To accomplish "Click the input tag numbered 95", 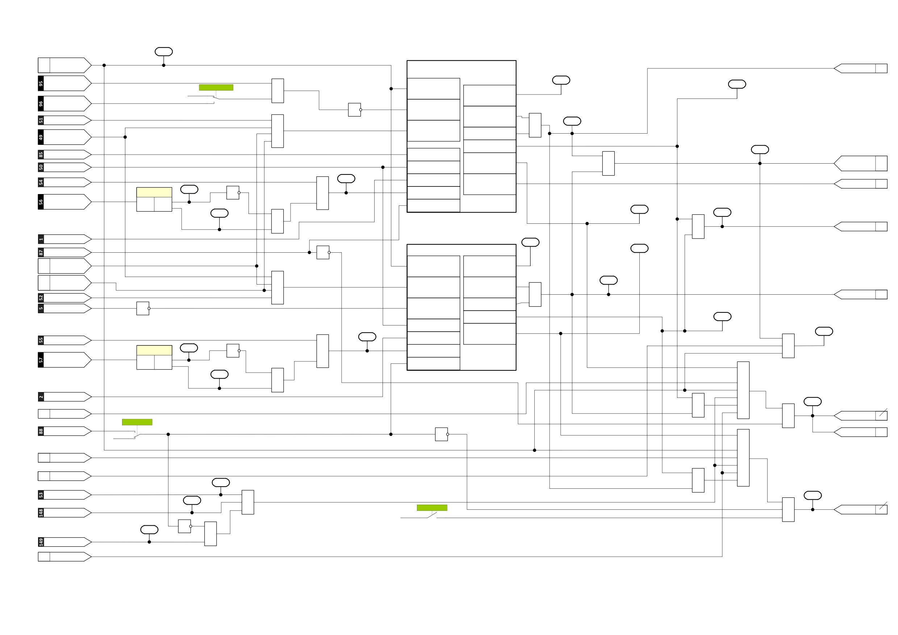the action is point(64,83).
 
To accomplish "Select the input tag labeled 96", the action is point(64,104).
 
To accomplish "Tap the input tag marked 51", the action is point(64,120).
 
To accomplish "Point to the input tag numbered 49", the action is point(64,137).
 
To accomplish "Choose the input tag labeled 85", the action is point(64,155).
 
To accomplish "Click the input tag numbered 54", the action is point(64,182).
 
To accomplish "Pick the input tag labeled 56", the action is point(64,202).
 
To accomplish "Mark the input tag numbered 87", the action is point(64,252).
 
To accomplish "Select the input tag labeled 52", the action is point(64,298).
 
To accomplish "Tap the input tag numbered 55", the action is point(64,340).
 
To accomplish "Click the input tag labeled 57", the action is point(64,360).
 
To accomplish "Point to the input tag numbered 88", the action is point(64,431).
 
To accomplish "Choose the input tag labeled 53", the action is point(64,495).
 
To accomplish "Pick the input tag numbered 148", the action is point(64,513).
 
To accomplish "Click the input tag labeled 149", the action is point(64,542).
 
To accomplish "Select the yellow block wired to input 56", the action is point(154,192).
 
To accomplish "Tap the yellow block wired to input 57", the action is point(154,350).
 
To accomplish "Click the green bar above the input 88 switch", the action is point(137,422).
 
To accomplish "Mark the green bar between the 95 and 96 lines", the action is point(216,88).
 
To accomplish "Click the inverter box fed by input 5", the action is point(143,308).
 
